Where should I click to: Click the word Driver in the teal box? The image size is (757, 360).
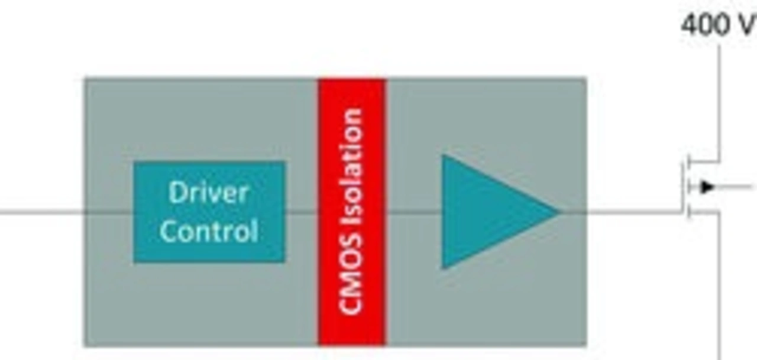[208, 193]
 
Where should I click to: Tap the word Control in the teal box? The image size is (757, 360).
[209, 231]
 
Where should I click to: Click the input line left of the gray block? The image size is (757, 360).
[41, 211]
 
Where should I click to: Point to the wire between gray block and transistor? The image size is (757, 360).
[633, 211]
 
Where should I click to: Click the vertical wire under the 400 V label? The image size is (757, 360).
[719, 100]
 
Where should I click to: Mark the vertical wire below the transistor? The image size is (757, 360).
[719, 284]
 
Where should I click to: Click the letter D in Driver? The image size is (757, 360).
[176, 193]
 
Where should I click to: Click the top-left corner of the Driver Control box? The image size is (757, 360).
[135, 163]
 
